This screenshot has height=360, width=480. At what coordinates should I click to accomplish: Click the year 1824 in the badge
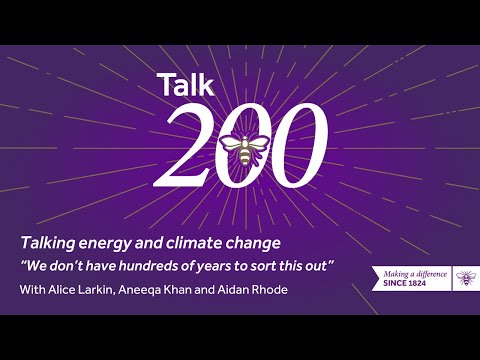433,281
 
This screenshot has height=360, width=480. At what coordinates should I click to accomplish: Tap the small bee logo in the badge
465,275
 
